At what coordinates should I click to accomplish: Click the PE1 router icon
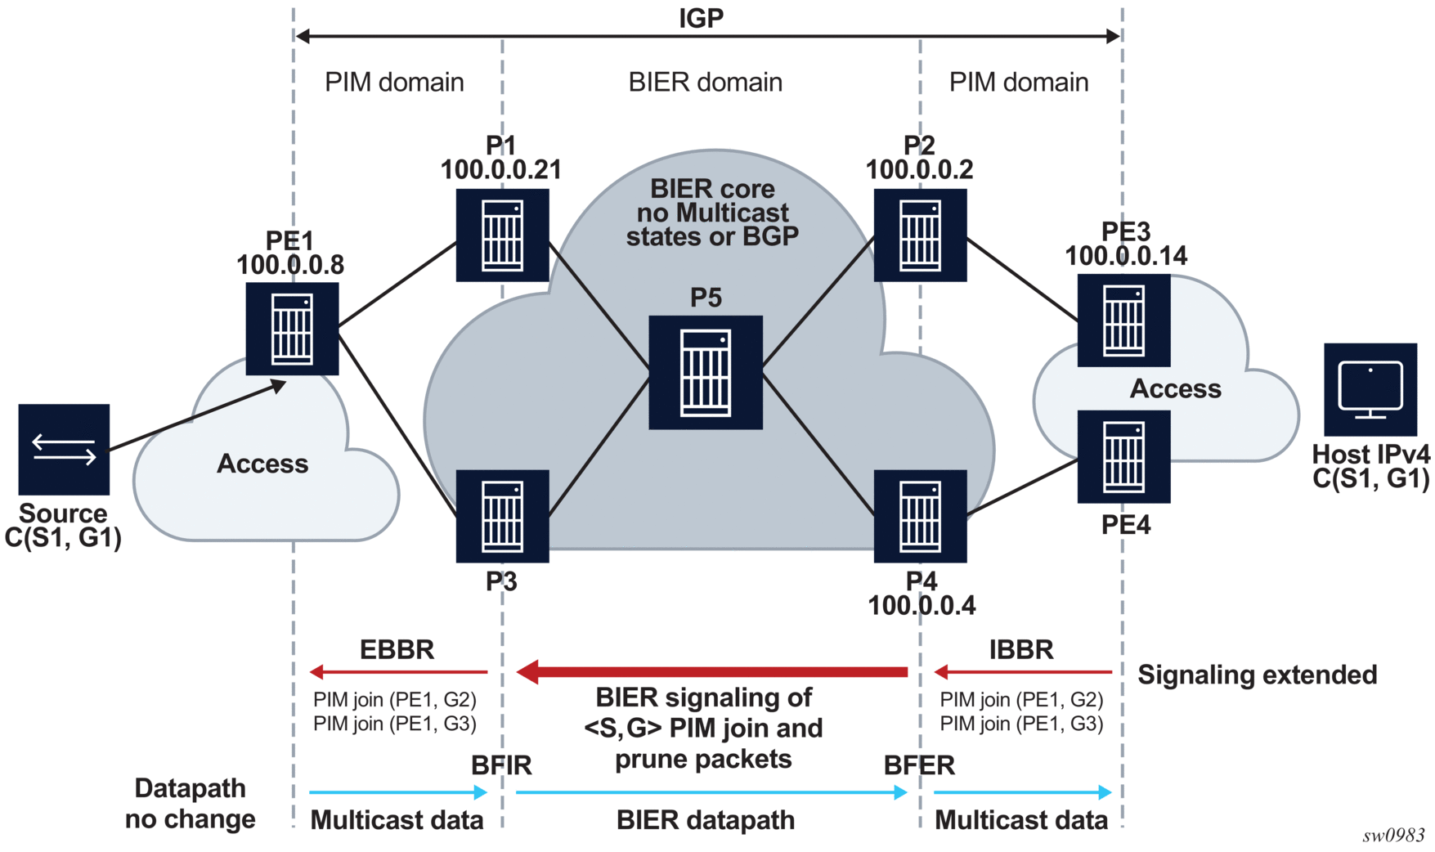pyautogui.click(x=292, y=329)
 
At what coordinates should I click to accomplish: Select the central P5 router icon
pyautogui.click(x=706, y=372)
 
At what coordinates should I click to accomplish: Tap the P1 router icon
pyautogui.click(x=502, y=235)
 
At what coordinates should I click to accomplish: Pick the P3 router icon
pyautogui.click(x=502, y=516)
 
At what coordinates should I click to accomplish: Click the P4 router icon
pyautogui.click(x=920, y=516)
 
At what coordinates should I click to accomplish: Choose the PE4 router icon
pyautogui.click(x=1123, y=456)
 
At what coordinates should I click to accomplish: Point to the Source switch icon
pyautogui.click(x=64, y=449)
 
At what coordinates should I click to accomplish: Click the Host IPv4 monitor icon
pyautogui.click(x=1370, y=389)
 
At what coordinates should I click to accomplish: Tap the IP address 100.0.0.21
pyautogui.click(x=501, y=170)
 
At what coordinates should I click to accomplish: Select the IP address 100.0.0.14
pyautogui.click(x=1126, y=256)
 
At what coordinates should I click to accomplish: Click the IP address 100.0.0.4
pyautogui.click(x=922, y=606)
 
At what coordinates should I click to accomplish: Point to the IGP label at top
pyautogui.click(x=701, y=18)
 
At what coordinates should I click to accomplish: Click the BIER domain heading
pyautogui.click(x=705, y=83)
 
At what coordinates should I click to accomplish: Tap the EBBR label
pyautogui.click(x=397, y=650)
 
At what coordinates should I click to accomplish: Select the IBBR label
pyautogui.click(x=1021, y=650)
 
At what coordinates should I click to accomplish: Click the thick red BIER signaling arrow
pyautogui.click(x=712, y=672)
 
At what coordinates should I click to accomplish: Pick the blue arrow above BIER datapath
pyautogui.click(x=711, y=792)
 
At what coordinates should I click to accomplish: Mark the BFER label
pyautogui.click(x=919, y=765)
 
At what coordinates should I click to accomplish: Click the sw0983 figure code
pyautogui.click(x=1393, y=836)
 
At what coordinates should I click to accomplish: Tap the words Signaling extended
pyautogui.click(x=1257, y=675)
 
